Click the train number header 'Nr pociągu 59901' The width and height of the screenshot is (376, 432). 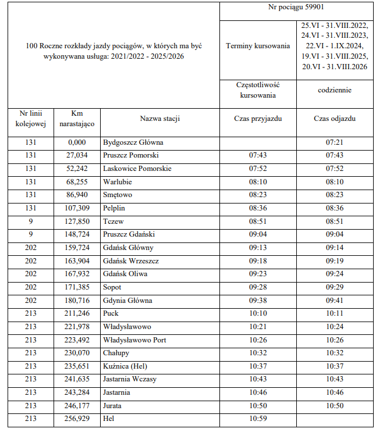[296, 8]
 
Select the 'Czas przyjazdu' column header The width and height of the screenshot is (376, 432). [257, 119]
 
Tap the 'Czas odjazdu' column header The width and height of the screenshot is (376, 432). [334, 119]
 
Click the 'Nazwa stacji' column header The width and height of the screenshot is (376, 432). [159, 119]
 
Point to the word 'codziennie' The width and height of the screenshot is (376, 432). [334, 91]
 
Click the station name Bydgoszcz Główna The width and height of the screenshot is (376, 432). [133, 142]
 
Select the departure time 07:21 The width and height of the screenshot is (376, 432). [334, 142]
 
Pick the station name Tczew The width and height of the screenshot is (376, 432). [113, 222]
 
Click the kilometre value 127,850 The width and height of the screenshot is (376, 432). [77, 222]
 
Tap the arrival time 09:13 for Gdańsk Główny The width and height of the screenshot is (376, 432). [257, 248]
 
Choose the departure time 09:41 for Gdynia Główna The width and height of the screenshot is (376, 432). [334, 301]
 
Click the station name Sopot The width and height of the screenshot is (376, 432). [113, 287]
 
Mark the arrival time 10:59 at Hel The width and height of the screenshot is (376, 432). [257, 419]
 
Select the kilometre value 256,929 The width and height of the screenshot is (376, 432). [77, 419]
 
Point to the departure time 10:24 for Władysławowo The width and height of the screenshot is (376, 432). [334, 327]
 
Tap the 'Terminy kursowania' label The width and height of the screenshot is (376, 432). [257, 46]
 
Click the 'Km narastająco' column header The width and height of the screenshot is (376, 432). [77, 119]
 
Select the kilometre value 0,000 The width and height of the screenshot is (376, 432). [77, 142]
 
